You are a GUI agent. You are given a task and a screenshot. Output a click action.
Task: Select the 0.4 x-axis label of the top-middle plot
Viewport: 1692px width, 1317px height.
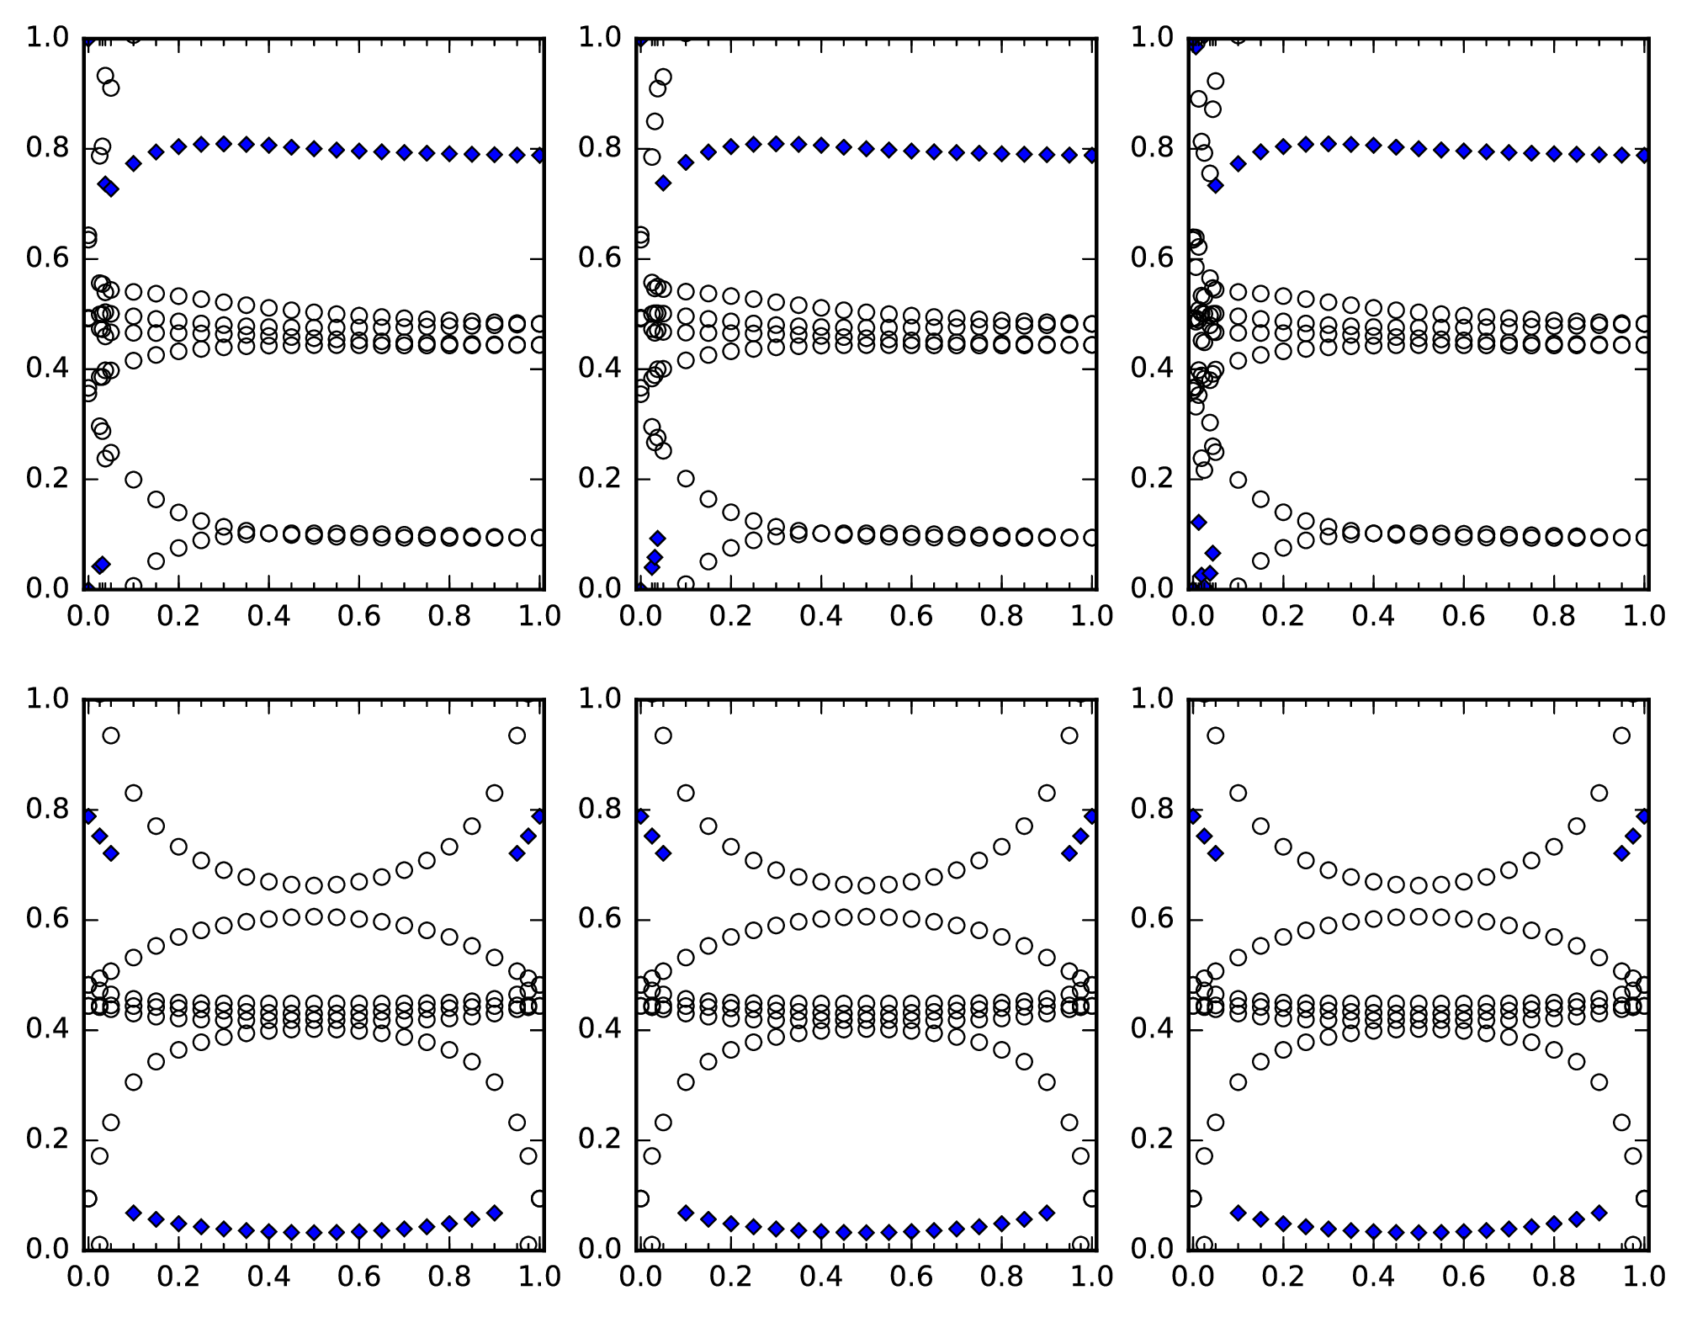tap(820, 616)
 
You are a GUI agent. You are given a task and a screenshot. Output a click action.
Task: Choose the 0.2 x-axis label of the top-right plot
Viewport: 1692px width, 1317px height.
tap(1283, 616)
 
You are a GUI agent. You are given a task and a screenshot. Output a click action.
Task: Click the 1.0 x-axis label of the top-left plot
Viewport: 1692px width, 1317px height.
tap(539, 616)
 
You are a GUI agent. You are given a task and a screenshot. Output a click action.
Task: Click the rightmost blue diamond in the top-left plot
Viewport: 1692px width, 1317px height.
tap(539, 155)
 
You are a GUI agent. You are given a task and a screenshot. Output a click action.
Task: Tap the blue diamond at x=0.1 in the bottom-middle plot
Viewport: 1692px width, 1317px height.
tap(686, 1213)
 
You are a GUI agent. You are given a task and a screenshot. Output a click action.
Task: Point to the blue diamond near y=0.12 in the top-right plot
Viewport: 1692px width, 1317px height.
tap(1198, 523)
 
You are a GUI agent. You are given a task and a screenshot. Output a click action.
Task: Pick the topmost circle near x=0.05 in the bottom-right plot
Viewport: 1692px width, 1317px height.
tap(1215, 736)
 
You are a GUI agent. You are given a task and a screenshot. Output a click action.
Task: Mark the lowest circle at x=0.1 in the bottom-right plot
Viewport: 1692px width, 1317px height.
tap(1238, 1082)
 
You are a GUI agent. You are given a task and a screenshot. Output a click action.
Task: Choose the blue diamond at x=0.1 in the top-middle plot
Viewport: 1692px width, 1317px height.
tap(686, 162)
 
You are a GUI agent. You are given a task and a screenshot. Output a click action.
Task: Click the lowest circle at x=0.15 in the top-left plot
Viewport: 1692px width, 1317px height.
tap(156, 560)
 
